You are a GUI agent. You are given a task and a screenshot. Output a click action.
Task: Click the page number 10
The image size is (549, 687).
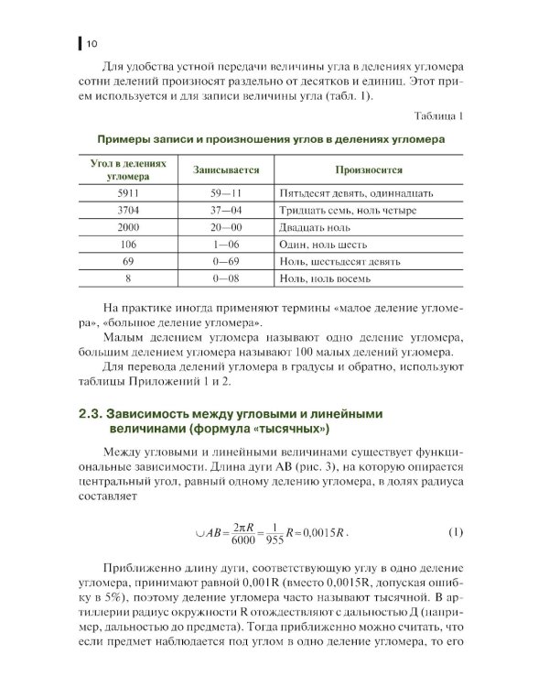92,43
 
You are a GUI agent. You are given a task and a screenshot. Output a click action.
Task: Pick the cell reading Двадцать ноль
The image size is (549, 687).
312,228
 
